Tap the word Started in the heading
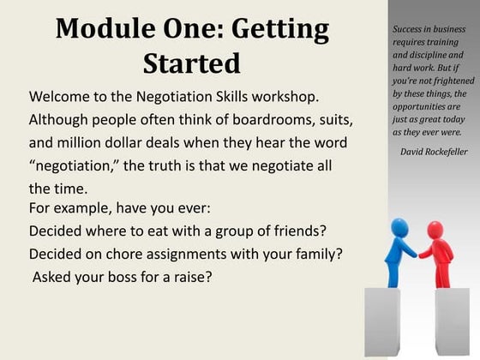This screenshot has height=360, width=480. pyautogui.click(x=192, y=64)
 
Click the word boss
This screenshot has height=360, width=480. pyautogui.click(x=126, y=278)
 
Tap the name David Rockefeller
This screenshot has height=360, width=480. pyautogui.click(x=433, y=152)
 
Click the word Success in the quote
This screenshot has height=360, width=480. pyautogui.click(x=411, y=30)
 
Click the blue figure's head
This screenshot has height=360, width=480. pyautogui.click(x=400, y=227)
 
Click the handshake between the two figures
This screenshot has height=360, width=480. pyautogui.click(x=422, y=253)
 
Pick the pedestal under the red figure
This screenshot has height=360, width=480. pyautogui.click(x=452, y=321)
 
